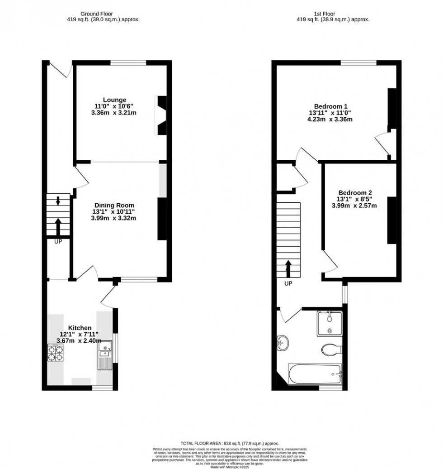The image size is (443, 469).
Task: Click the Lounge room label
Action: [114, 100]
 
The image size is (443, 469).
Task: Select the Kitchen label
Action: [80, 328]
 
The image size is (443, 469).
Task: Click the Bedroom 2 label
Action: [354, 192]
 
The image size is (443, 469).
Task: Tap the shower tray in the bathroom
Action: [330, 323]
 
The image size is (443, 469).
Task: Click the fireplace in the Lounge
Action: [161, 115]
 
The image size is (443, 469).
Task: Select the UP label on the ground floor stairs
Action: [58, 242]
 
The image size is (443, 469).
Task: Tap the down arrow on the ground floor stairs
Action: [58, 201]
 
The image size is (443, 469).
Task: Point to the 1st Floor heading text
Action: [333, 13]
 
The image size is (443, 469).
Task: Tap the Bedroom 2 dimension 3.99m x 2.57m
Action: [354, 206]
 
